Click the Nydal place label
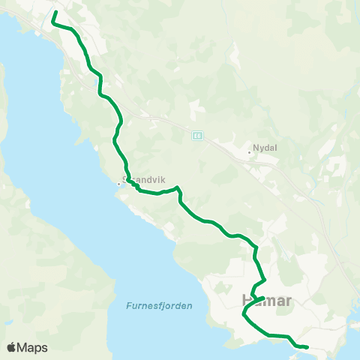pyautogui.click(x=266, y=148)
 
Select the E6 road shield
pyautogui.click(x=197, y=135)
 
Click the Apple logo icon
pyautogui.click(x=11, y=347)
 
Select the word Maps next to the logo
pyautogui.click(x=32, y=347)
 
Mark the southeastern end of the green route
pyautogui.click(x=307, y=346)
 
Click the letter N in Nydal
pyautogui.click(x=257, y=148)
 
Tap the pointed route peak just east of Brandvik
pyautogui.click(x=176, y=187)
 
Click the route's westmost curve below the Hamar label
pyautogui.click(x=244, y=316)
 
